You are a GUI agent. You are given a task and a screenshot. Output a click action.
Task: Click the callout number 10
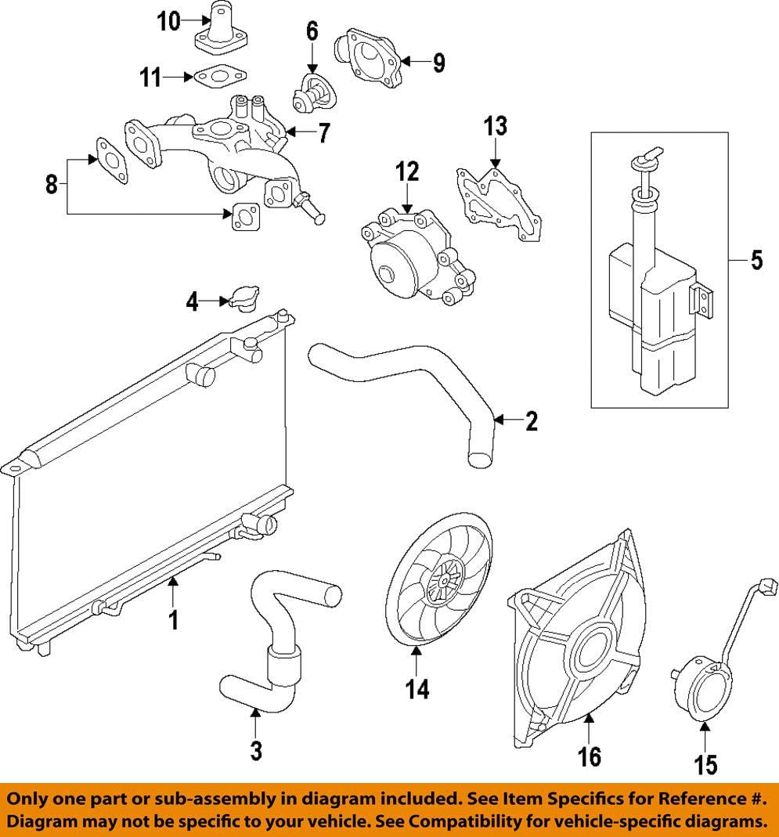pyautogui.click(x=168, y=21)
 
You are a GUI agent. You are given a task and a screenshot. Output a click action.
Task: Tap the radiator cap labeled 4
pyautogui.click(x=243, y=299)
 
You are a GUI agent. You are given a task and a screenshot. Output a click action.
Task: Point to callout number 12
pyautogui.click(x=407, y=173)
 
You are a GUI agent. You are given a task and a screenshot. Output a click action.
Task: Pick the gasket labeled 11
pyautogui.click(x=218, y=77)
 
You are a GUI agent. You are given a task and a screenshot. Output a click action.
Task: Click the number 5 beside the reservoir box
pyautogui.click(x=756, y=260)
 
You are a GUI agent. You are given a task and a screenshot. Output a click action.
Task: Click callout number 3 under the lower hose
pyautogui.click(x=255, y=751)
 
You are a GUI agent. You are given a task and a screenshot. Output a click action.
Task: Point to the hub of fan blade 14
pyautogui.click(x=442, y=583)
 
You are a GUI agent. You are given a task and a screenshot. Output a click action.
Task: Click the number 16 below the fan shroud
pyautogui.click(x=589, y=756)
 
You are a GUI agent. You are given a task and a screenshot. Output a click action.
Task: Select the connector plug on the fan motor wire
pyautogui.click(x=769, y=587)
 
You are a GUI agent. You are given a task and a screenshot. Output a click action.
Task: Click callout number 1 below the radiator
pyautogui.click(x=174, y=620)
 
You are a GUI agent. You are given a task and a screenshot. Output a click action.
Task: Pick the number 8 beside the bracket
pyautogui.click(x=52, y=186)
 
